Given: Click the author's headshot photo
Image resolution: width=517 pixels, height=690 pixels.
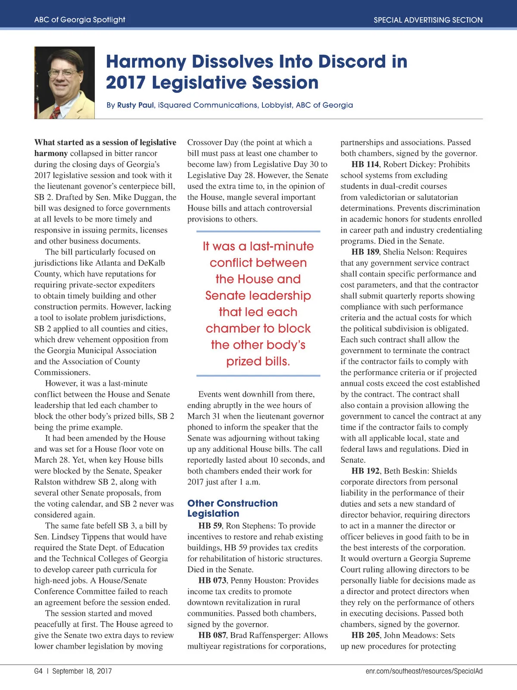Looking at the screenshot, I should [x=64, y=82].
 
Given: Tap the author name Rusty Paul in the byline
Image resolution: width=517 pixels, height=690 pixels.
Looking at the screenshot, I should [x=135, y=105].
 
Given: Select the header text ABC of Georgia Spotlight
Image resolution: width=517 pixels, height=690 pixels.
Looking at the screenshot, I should [x=80, y=20].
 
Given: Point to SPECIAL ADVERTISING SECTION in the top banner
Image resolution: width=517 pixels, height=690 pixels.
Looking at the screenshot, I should [x=428, y=20].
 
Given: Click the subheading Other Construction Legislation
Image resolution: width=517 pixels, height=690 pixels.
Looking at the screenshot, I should [x=232, y=508].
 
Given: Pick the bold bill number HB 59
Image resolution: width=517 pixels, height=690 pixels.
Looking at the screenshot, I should [x=210, y=526].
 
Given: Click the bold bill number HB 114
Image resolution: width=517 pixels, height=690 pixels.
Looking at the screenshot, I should [x=365, y=165].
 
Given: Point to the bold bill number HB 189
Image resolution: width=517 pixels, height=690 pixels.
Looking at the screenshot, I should [x=365, y=252].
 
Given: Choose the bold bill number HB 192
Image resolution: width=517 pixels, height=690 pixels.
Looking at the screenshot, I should [x=365, y=471].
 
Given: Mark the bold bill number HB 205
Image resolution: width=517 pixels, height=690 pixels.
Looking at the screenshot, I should [x=365, y=636].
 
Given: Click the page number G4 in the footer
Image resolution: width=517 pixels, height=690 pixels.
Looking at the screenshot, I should [x=38, y=671].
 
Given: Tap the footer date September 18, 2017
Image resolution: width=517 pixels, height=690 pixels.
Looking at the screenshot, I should [x=82, y=671].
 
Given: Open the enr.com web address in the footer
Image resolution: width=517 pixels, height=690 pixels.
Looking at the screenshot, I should [x=424, y=671].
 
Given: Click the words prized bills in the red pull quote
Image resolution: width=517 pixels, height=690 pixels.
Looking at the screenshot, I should [x=258, y=361].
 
